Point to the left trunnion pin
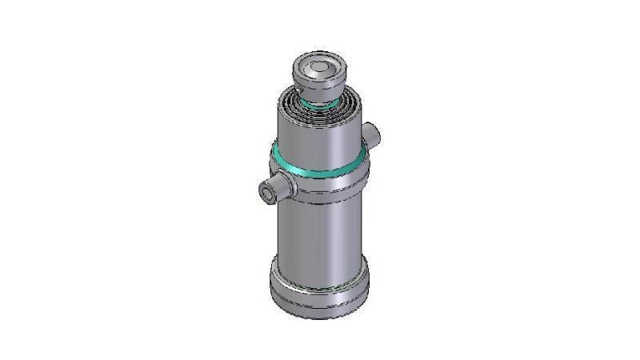pyautogui.click(x=276, y=190)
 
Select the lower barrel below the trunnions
pyautogui.click(x=316, y=232)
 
